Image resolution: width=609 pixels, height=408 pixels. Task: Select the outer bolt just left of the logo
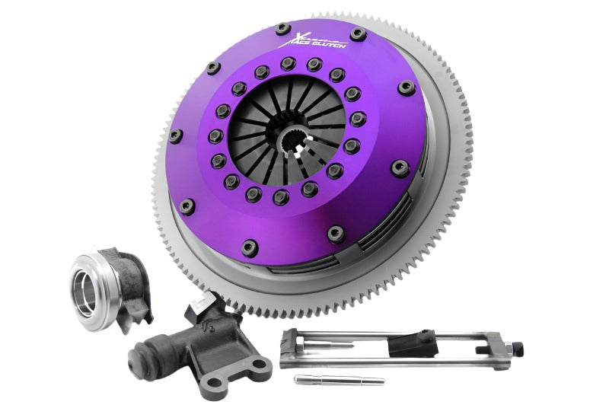pyautogui.click(x=282, y=30)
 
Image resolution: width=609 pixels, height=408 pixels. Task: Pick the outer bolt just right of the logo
pyautogui.click(x=358, y=34)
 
